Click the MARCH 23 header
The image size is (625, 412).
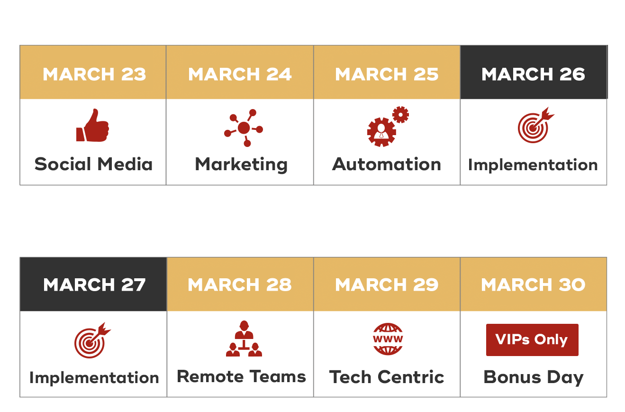coord(93,72)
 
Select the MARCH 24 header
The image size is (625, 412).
coord(240,72)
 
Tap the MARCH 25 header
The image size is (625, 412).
coord(387,72)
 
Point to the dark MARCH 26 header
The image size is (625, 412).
coord(534,72)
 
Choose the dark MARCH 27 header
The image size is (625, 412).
coord(93,284)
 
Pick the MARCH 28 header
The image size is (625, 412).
coord(240,284)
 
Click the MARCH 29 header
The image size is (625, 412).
coord(387,284)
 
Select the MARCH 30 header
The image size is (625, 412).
coord(534,284)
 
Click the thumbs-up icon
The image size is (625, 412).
coord(93,125)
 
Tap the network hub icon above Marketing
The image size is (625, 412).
coord(244,128)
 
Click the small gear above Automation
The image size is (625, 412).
coord(401,114)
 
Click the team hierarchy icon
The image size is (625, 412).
coord(244,339)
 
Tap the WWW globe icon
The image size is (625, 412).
coord(388,339)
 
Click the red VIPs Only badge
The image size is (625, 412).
coord(532,340)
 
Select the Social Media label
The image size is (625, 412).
coord(93,164)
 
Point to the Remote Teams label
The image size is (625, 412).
coord(241,376)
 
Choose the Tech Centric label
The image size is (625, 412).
coord(387,377)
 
